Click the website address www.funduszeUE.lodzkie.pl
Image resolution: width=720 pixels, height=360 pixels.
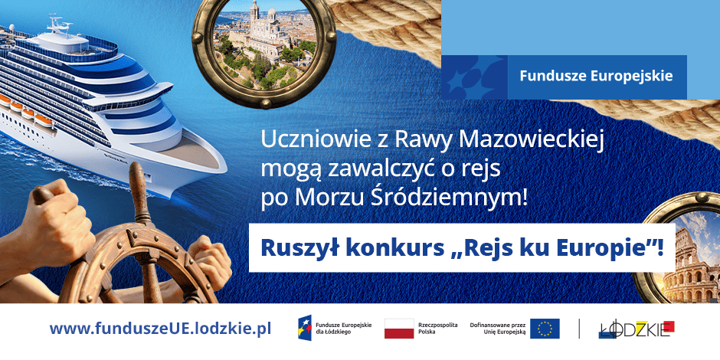click(x=160, y=329)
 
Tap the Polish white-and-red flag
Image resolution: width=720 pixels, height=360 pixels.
click(x=399, y=329)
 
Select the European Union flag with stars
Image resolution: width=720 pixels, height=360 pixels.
click(x=545, y=329)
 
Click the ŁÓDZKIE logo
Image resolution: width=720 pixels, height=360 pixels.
click(x=637, y=329)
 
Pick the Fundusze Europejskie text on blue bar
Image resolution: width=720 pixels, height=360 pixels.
click(x=596, y=76)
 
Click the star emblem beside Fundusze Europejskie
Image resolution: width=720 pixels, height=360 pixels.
click(x=474, y=77)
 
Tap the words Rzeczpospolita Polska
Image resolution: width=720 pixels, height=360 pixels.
click(x=438, y=329)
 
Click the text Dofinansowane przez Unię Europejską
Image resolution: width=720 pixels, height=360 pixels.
click(x=497, y=329)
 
